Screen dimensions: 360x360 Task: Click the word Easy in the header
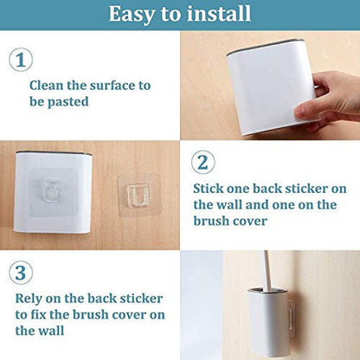132,14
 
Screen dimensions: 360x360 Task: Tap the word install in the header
219,13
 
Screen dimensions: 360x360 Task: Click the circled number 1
21,60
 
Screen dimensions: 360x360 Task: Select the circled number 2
203,162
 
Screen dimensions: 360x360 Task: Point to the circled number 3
21,273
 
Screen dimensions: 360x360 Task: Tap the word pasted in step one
67,102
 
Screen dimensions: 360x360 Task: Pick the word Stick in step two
209,189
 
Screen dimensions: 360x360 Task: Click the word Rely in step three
29,299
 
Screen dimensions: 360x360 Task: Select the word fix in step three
38,314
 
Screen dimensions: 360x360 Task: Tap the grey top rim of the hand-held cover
265,46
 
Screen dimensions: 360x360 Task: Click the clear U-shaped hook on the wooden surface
138,196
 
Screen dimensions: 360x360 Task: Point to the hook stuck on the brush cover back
52,190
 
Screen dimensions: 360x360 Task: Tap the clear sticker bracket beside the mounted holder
291,318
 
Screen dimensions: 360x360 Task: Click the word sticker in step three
141,299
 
